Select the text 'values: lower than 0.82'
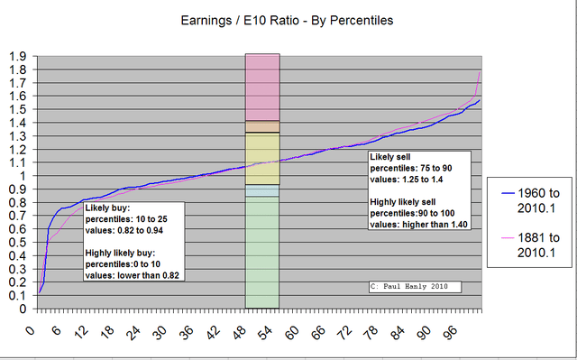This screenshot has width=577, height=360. click(x=133, y=275)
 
